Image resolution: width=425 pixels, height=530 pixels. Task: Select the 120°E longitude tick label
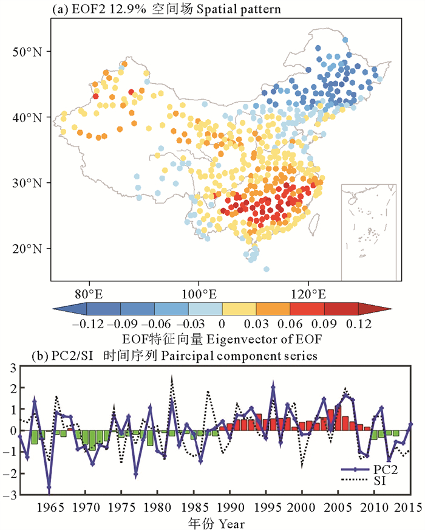(x=308, y=293)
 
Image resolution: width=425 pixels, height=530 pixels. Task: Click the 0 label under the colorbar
(x=222, y=324)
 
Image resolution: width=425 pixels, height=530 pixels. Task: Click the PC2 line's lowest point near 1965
(x=49, y=487)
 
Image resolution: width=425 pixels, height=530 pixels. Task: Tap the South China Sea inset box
(x=369, y=231)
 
